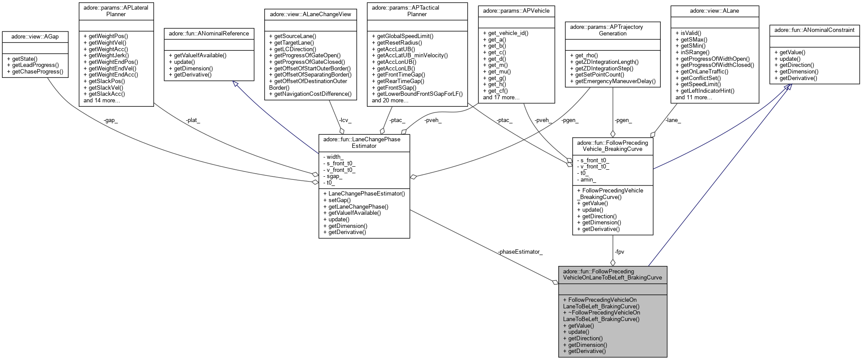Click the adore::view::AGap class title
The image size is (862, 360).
click(35, 37)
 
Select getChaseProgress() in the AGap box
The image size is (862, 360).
click(38, 71)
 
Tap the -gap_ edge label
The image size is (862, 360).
click(111, 120)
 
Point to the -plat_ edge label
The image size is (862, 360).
click(193, 120)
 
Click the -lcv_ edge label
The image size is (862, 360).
click(345, 120)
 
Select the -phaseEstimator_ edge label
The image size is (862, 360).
click(520, 252)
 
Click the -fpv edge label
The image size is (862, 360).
click(619, 252)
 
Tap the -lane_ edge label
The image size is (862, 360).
click(673, 120)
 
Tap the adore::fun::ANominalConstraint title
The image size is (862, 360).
click(814, 30)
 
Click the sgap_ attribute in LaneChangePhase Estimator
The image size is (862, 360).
click(334, 176)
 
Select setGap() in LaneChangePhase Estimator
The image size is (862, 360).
click(336, 200)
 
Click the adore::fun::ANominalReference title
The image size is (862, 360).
click(209, 33)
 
